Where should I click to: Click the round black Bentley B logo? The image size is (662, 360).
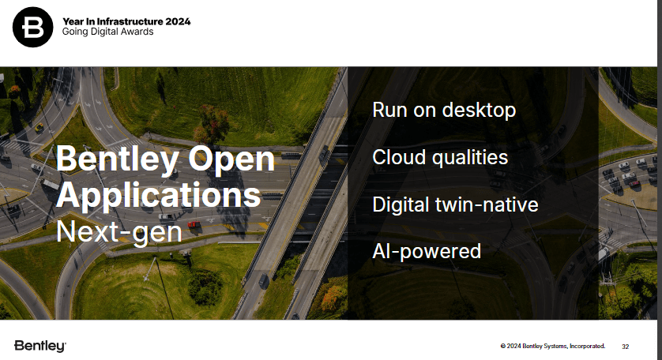pos(33,27)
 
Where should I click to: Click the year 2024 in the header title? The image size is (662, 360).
pos(178,21)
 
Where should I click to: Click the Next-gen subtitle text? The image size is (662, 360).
pos(119,231)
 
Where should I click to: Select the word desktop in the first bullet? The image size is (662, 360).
pos(479,111)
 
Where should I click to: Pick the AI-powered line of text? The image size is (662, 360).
pos(427,252)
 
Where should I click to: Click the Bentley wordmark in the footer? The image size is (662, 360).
pos(40,346)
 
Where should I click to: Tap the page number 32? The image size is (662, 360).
pos(626,347)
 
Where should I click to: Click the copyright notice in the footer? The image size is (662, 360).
pos(553,346)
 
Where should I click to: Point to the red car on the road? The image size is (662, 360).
pos(194,224)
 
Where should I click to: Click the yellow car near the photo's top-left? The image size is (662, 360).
pos(39,126)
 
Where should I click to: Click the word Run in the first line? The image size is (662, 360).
pos(389,111)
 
